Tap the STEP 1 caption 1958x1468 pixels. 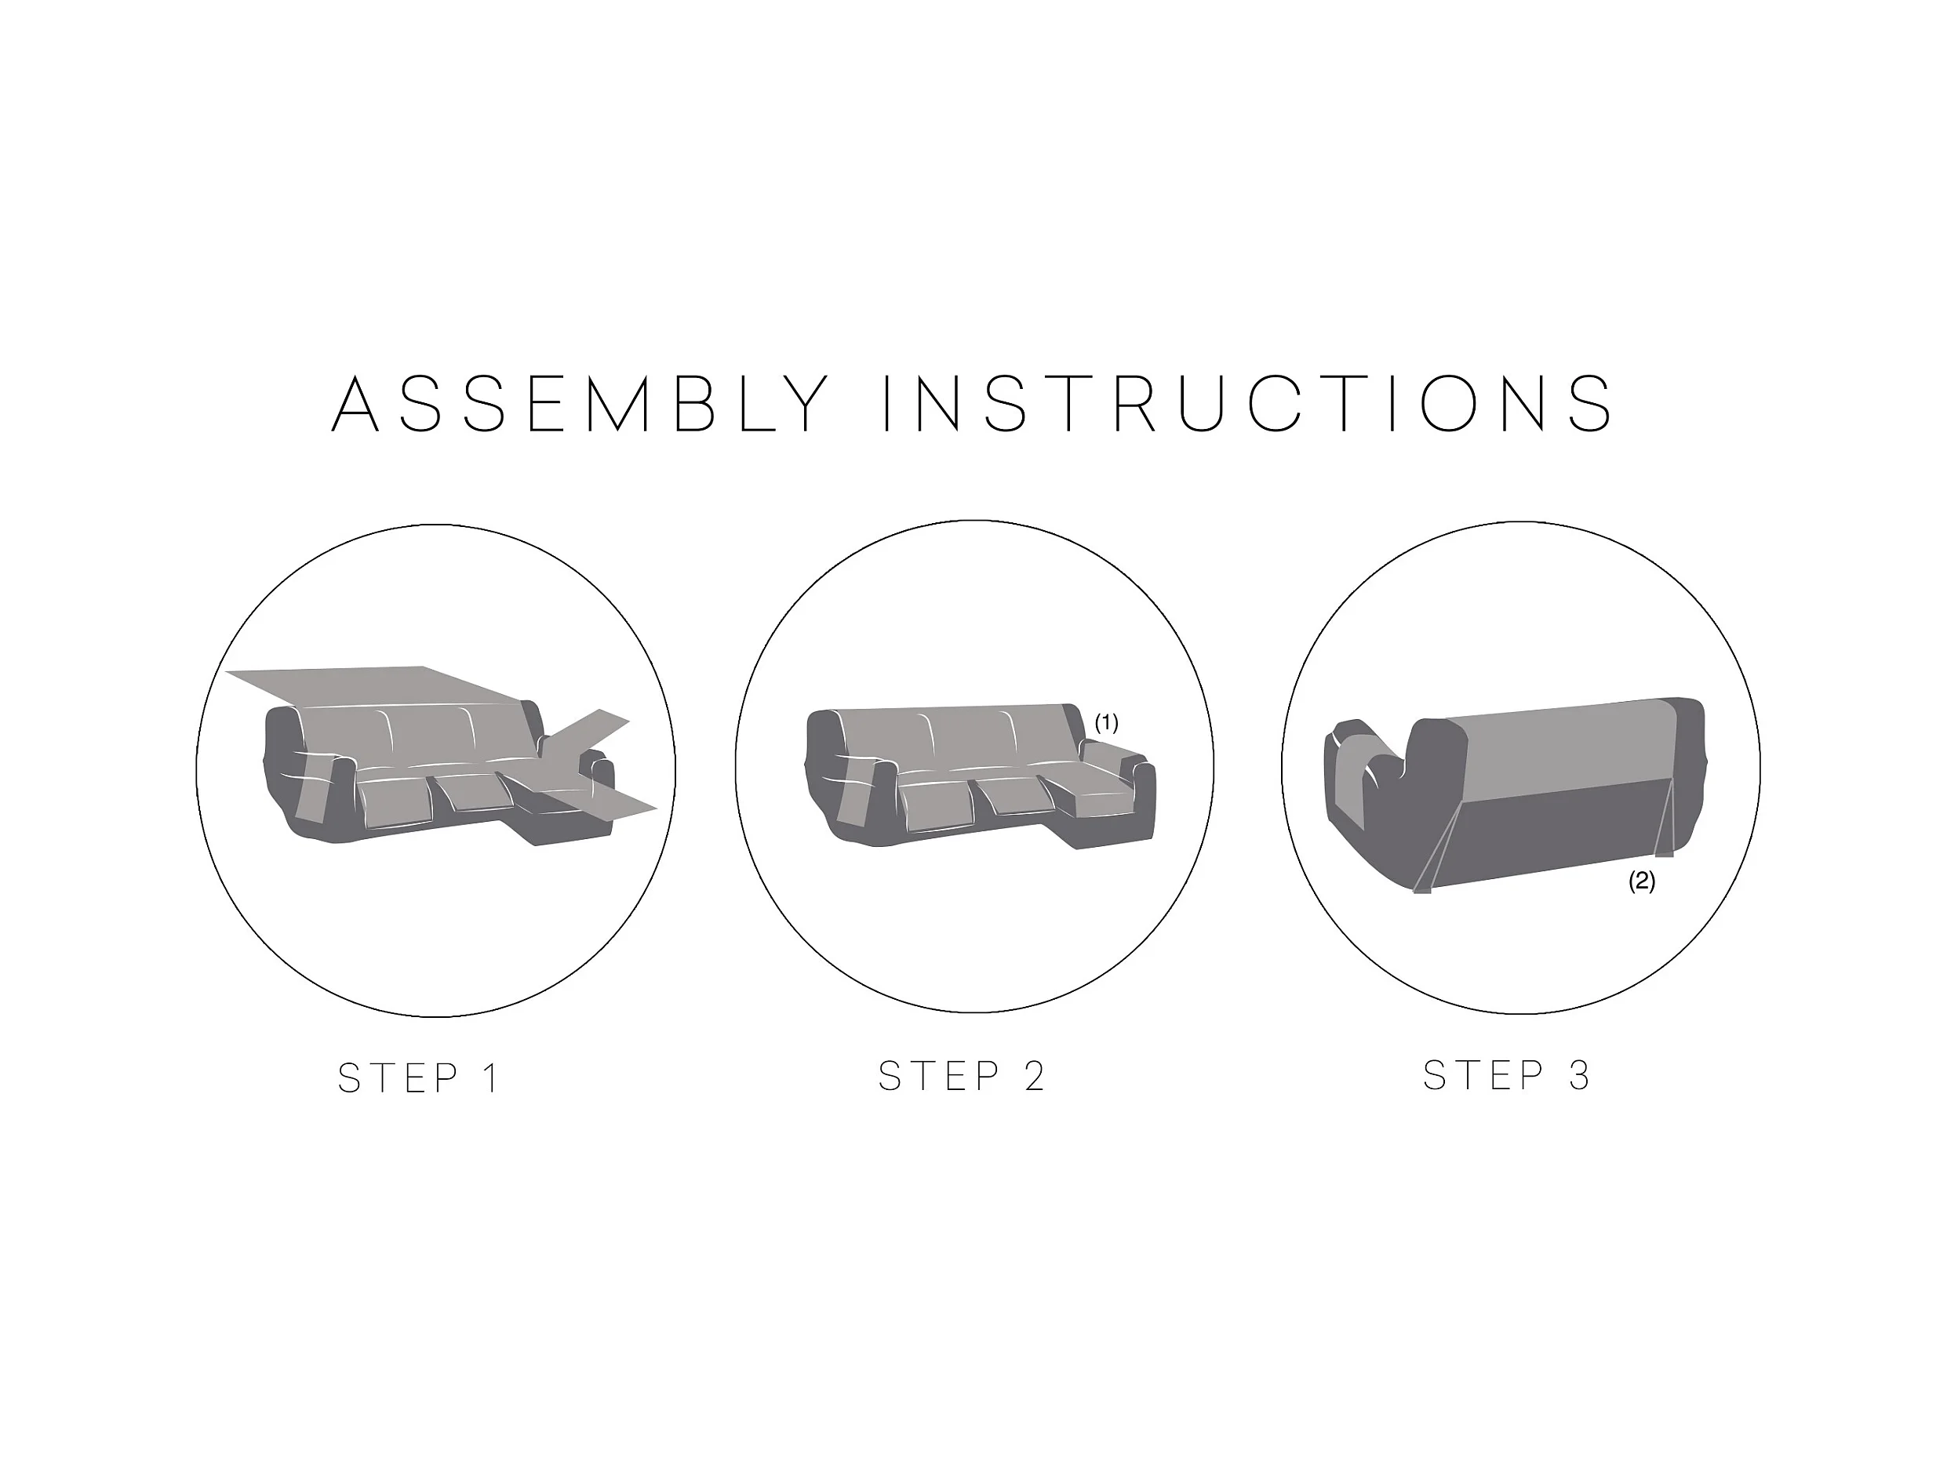tap(419, 1077)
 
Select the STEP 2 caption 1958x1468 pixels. tap(961, 1076)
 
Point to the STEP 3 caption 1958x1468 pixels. tap(1507, 1075)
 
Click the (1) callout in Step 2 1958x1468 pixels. tap(1106, 723)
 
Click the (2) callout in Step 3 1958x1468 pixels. tap(1642, 881)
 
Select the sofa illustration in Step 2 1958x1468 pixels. tap(981, 776)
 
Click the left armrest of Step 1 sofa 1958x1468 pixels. tap(310, 770)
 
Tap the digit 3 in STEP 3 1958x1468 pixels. tap(1579, 1075)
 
